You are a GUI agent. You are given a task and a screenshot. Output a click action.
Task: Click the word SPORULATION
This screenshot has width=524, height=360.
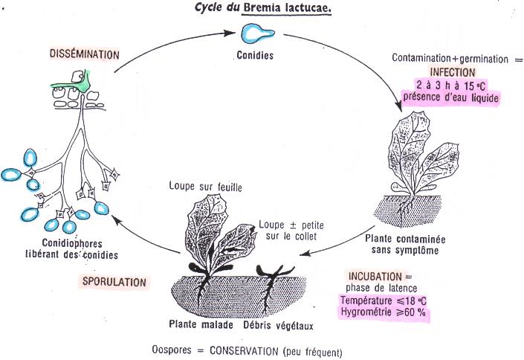(x=112, y=282)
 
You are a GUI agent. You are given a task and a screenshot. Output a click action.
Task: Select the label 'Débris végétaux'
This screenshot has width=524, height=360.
(x=279, y=325)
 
